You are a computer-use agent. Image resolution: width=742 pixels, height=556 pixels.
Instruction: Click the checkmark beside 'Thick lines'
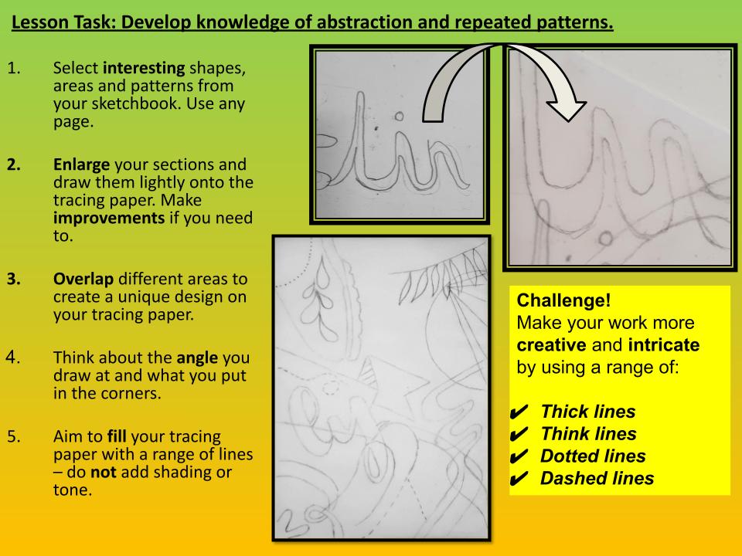521,412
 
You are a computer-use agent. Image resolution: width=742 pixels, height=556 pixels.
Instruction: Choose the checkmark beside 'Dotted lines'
521,456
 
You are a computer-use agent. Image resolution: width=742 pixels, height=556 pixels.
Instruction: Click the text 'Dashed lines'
596,479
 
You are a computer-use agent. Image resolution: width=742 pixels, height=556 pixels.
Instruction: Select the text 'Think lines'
588,434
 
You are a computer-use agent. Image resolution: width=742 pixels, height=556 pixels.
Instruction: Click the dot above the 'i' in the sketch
399,117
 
